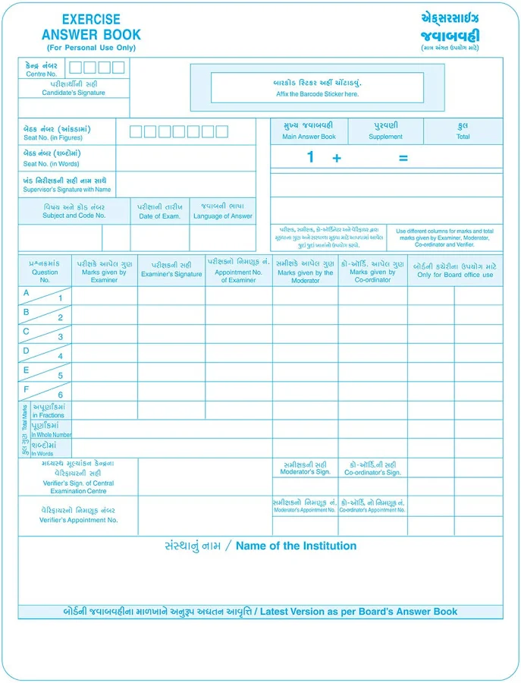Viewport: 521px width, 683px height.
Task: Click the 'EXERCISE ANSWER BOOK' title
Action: click(91, 27)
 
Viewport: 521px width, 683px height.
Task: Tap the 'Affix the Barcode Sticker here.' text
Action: click(317, 94)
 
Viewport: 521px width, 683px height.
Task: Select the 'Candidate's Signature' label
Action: click(74, 93)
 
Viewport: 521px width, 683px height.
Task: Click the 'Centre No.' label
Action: click(41, 74)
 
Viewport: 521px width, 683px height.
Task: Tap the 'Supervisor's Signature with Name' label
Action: click(67, 190)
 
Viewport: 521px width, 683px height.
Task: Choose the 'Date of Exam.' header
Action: click(159, 216)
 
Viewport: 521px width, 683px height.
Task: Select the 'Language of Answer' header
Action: click(222, 216)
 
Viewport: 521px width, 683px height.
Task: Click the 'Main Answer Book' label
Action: click(309, 137)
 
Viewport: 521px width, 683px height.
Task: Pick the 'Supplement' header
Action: click(385, 137)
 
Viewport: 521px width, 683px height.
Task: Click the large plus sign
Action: click(337, 158)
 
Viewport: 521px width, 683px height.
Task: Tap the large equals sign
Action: click(403, 158)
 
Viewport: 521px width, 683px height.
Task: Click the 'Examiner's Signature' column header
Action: click(171, 274)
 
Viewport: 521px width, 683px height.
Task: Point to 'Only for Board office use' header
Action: click(455, 275)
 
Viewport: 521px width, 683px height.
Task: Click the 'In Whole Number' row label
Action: click(52, 435)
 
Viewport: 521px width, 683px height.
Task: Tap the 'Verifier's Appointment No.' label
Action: click(79, 520)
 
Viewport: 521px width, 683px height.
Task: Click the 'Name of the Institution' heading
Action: click(296, 546)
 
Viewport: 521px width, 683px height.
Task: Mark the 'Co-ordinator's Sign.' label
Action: click(372, 472)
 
